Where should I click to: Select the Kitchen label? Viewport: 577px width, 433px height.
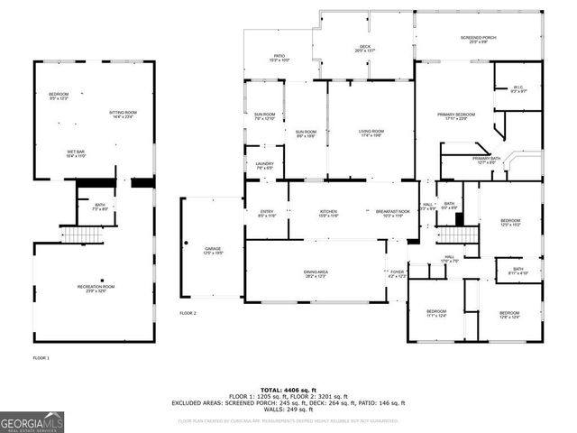(328, 213)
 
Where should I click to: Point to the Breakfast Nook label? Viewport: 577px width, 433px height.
(392, 213)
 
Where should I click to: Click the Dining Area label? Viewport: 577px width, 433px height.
(316, 273)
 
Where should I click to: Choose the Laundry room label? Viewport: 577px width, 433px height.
(264, 165)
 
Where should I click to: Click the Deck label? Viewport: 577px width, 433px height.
(364, 49)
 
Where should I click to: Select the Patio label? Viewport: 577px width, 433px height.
(279, 58)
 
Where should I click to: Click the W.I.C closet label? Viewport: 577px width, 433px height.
(519, 89)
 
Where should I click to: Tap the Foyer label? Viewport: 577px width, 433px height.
(397, 273)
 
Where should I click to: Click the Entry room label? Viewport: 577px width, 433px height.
(267, 213)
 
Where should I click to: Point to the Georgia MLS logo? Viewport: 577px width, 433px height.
(32, 422)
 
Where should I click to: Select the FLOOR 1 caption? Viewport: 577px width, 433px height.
(41, 358)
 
